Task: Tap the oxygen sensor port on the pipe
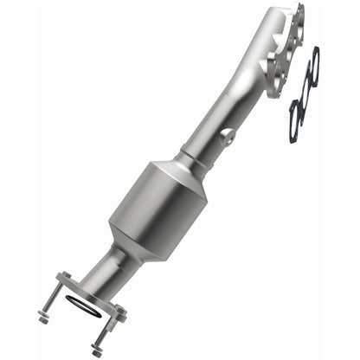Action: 228,137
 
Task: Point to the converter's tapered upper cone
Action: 185,177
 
